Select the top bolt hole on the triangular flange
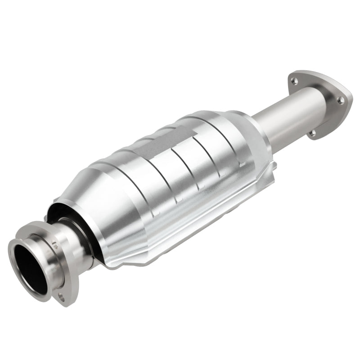[x=294, y=81]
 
